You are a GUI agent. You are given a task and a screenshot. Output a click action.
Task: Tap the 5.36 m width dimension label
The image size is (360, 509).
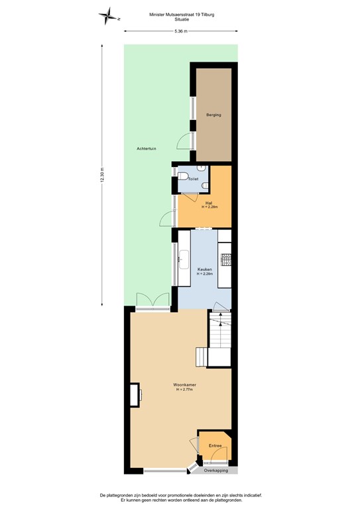tap(180, 31)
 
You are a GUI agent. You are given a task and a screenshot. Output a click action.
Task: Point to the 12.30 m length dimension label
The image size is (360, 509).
tap(102, 176)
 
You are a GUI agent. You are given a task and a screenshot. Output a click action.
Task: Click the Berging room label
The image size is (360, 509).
tap(213, 115)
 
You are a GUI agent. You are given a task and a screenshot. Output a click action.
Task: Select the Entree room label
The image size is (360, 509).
tap(214, 446)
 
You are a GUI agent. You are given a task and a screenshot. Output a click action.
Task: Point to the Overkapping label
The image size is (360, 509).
tap(216, 471)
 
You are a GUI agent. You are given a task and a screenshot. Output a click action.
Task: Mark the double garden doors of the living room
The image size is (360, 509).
tap(152, 302)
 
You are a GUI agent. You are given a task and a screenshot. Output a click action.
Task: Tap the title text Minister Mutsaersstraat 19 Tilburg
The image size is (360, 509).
tap(180, 13)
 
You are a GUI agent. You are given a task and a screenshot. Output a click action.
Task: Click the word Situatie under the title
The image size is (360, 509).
tap(180, 19)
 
